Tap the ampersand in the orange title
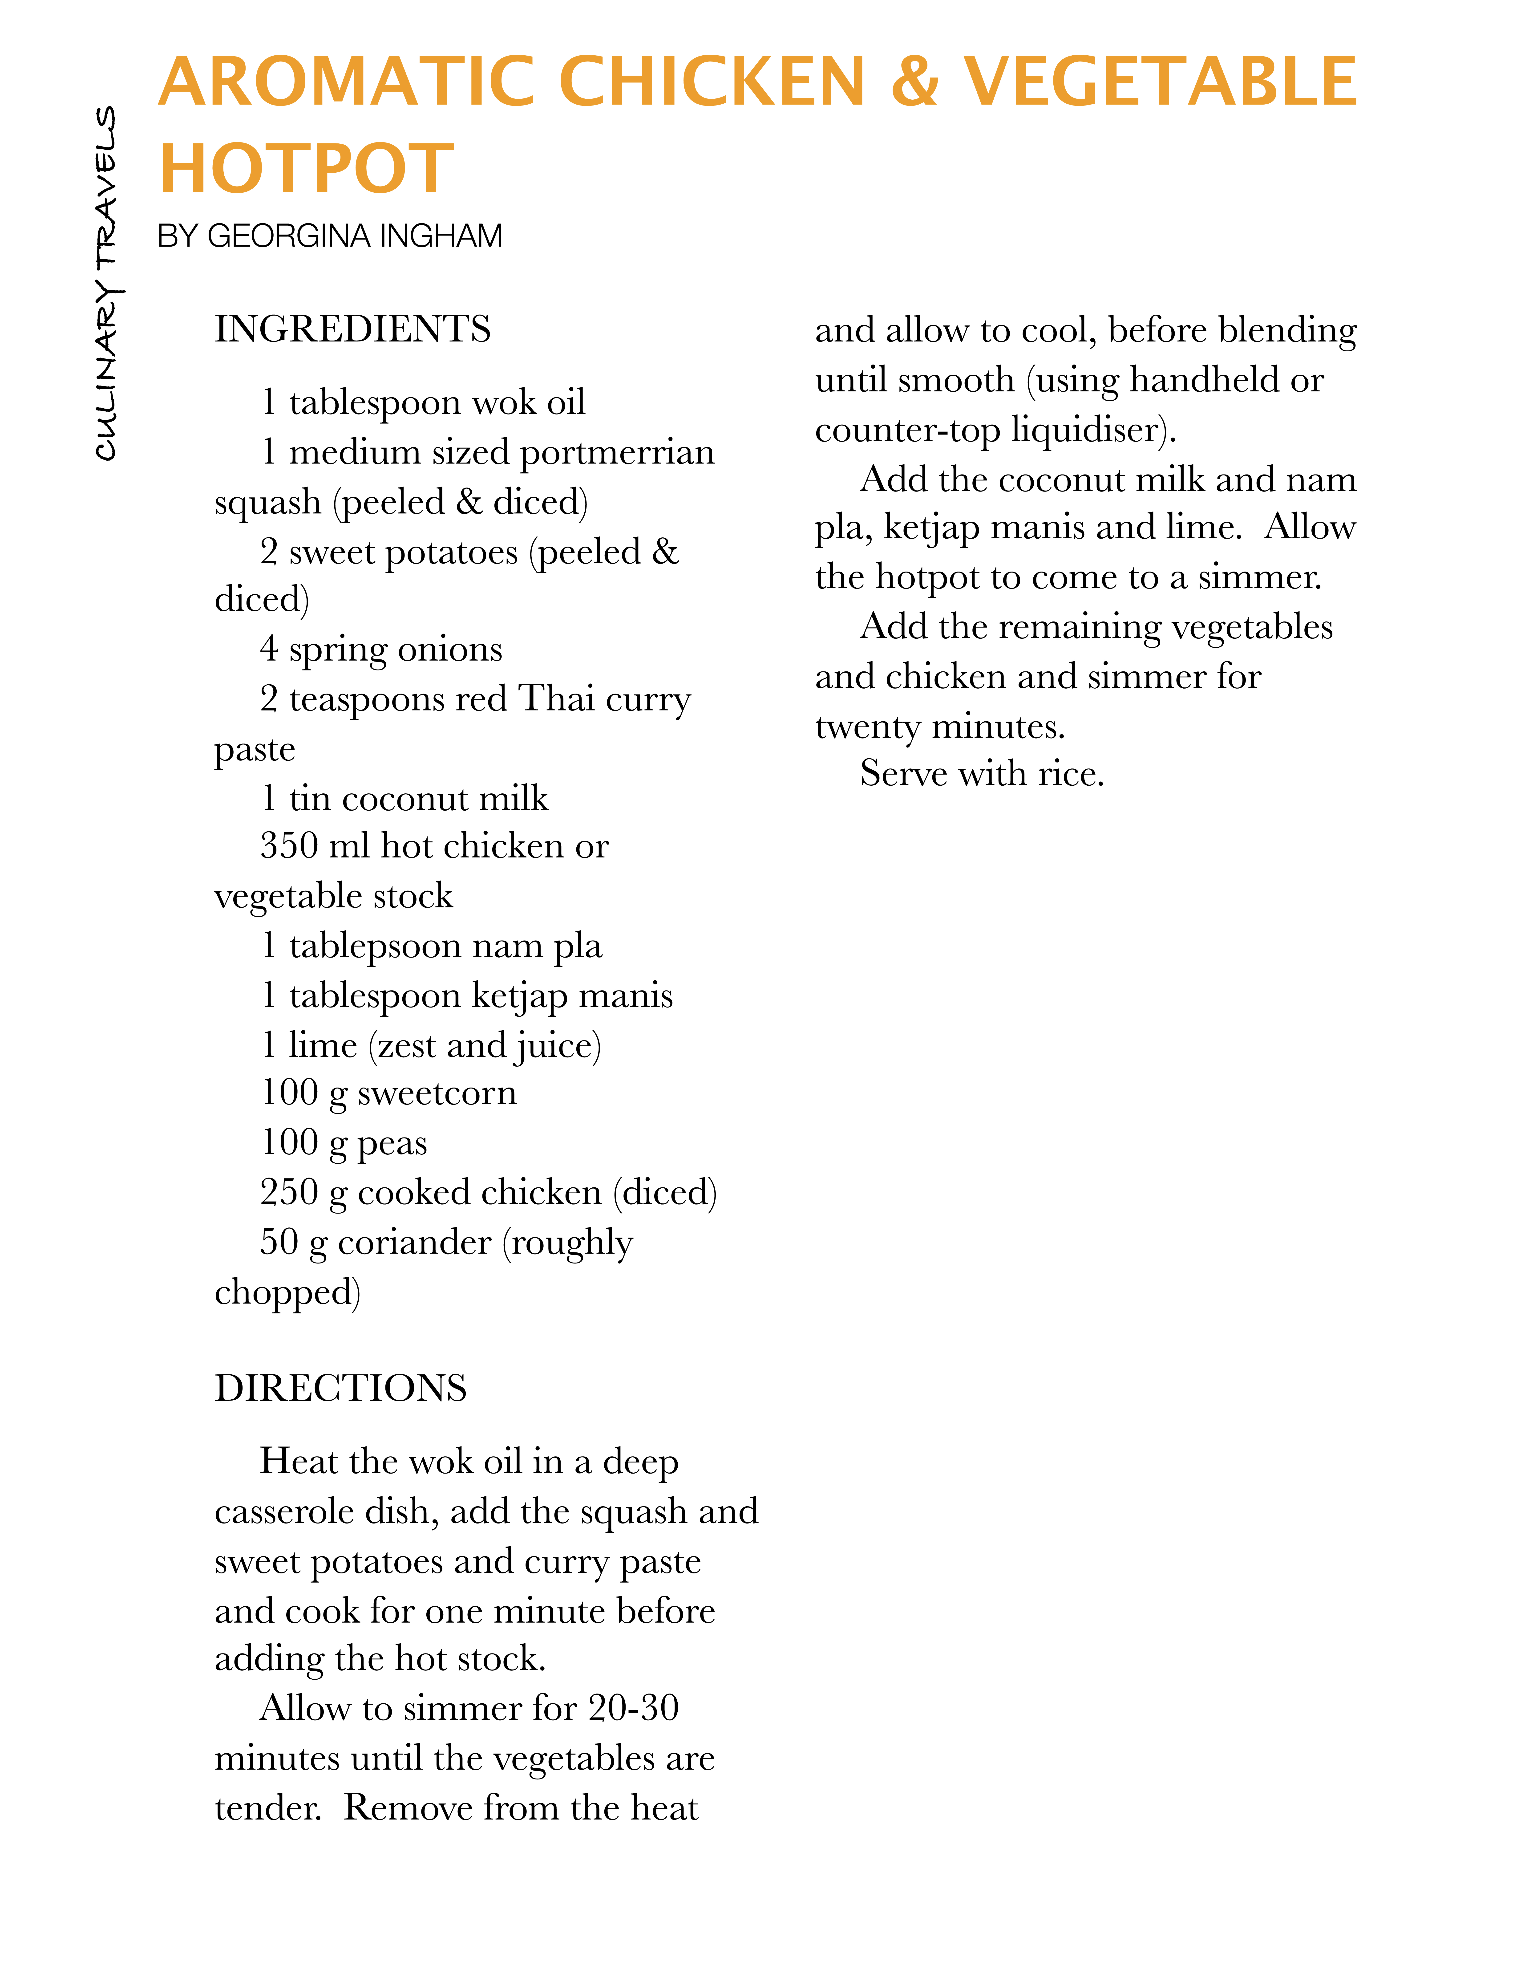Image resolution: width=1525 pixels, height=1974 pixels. point(914,81)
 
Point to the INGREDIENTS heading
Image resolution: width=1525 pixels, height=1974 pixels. point(352,329)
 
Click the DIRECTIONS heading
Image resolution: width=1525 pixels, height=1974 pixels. point(341,1388)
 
